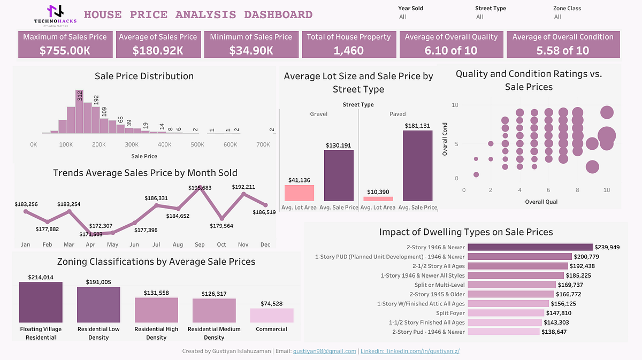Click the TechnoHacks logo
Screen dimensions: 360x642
[x=55, y=14]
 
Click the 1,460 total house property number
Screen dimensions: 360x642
[x=348, y=50]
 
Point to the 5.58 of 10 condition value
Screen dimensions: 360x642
[x=562, y=50]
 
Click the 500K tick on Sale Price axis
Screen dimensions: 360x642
[x=197, y=144]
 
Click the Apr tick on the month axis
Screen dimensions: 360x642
[x=91, y=244]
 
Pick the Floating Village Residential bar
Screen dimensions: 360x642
[x=41, y=302]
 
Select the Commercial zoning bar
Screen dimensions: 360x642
[x=272, y=315]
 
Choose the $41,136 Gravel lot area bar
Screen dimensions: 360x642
[x=299, y=193]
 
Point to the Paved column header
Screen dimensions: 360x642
[x=398, y=114]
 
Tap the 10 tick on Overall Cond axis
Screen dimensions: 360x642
[x=455, y=105]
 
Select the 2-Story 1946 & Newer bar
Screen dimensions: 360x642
[x=530, y=247]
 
